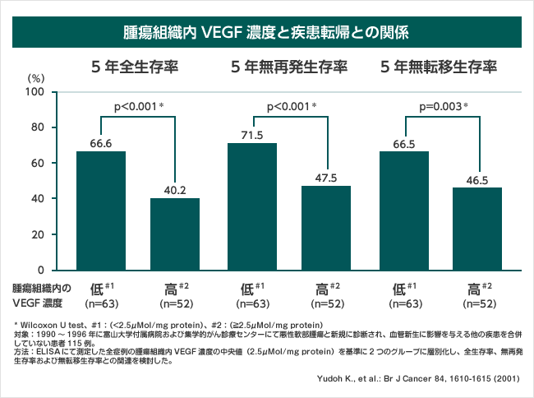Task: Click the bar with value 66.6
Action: pos(101,211)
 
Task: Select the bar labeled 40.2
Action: pos(175,234)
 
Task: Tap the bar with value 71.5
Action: pos(252,206)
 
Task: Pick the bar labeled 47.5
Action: pos(326,228)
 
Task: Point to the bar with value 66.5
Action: pos(404,211)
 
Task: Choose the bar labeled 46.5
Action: pos(477,229)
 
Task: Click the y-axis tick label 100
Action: pos(34,92)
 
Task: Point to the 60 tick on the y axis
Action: pos(37,163)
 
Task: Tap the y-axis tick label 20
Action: pos(37,234)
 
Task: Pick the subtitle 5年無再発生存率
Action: pos(288,67)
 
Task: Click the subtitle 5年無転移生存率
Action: pos(440,67)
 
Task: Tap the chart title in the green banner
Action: pos(266,34)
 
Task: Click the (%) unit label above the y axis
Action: pos(35,77)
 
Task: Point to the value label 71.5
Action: pos(252,135)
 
